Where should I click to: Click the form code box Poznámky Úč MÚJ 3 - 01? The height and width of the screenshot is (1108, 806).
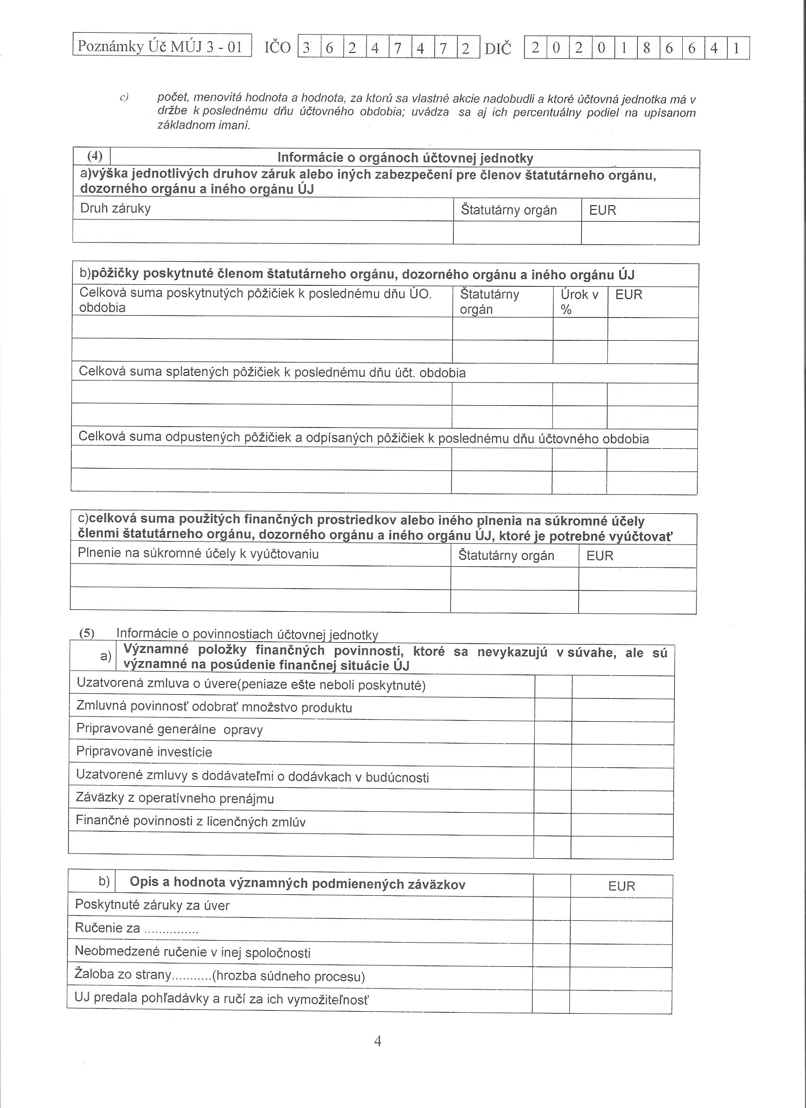point(162,46)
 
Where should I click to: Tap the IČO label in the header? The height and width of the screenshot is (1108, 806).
point(278,48)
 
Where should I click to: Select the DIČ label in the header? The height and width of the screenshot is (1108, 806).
point(497,49)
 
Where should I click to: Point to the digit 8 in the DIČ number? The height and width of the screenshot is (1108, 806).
point(647,48)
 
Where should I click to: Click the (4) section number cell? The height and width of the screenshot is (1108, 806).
point(94,157)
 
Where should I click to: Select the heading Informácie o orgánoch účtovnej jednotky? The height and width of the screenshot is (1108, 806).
point(405,158)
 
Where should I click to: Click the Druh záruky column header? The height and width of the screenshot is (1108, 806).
point(115,209)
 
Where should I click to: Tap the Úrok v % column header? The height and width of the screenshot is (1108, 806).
point(579,302)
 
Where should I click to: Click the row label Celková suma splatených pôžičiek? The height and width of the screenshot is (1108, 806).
point(272,373)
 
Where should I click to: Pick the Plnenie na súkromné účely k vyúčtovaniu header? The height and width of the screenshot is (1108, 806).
point(198,554)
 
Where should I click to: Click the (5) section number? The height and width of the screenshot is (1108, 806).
point(87,633)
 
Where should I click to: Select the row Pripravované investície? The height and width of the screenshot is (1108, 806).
point(144,751)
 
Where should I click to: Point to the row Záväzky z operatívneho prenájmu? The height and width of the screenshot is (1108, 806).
point(174,798)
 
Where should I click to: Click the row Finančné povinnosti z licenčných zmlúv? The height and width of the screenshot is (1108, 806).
point(191,821)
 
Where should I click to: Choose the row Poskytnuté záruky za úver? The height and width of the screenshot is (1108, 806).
point(152,905)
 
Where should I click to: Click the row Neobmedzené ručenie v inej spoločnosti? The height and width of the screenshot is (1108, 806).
point(192,952)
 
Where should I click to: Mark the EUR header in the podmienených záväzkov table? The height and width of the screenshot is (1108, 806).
point(621,886)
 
